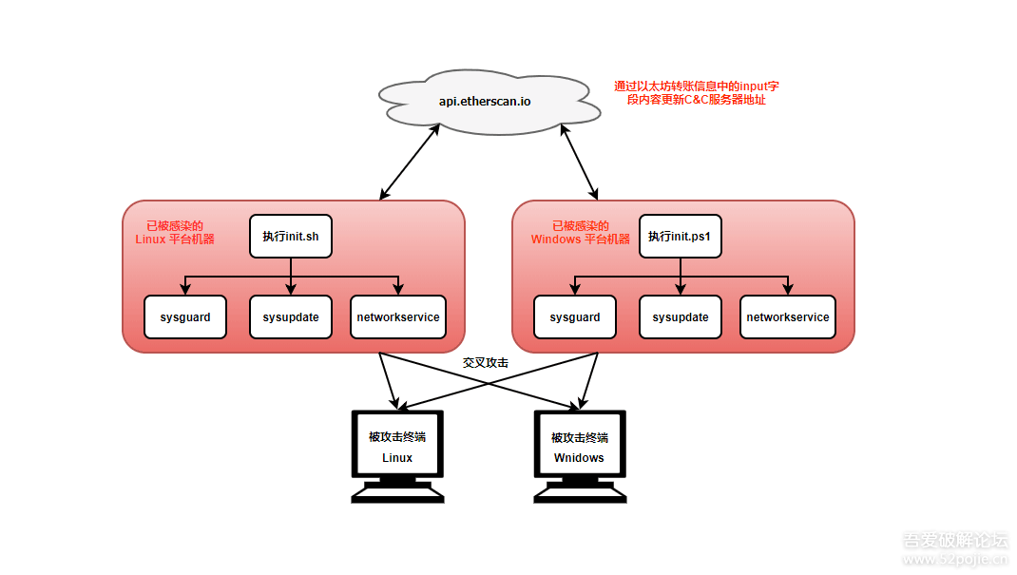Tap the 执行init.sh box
tap(291, 236)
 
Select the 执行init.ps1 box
tap(680, 236)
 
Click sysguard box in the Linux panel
tap(185, 316)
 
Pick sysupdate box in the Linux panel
tap(291, 316)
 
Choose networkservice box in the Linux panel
tap(397, 316)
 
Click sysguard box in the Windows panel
tap(574, 316)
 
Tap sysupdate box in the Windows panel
tap(680, 316)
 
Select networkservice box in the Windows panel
tap(787, 316)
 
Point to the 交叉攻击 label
tap(485, 363)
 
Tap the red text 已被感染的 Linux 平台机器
tap(175, 233)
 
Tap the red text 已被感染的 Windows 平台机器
tap(580, 233)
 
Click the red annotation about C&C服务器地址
tap(697, 92)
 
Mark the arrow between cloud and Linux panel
tap(410, 162)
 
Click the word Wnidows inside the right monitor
tap(579, 458)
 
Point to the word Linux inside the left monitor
tap(397, 458)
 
